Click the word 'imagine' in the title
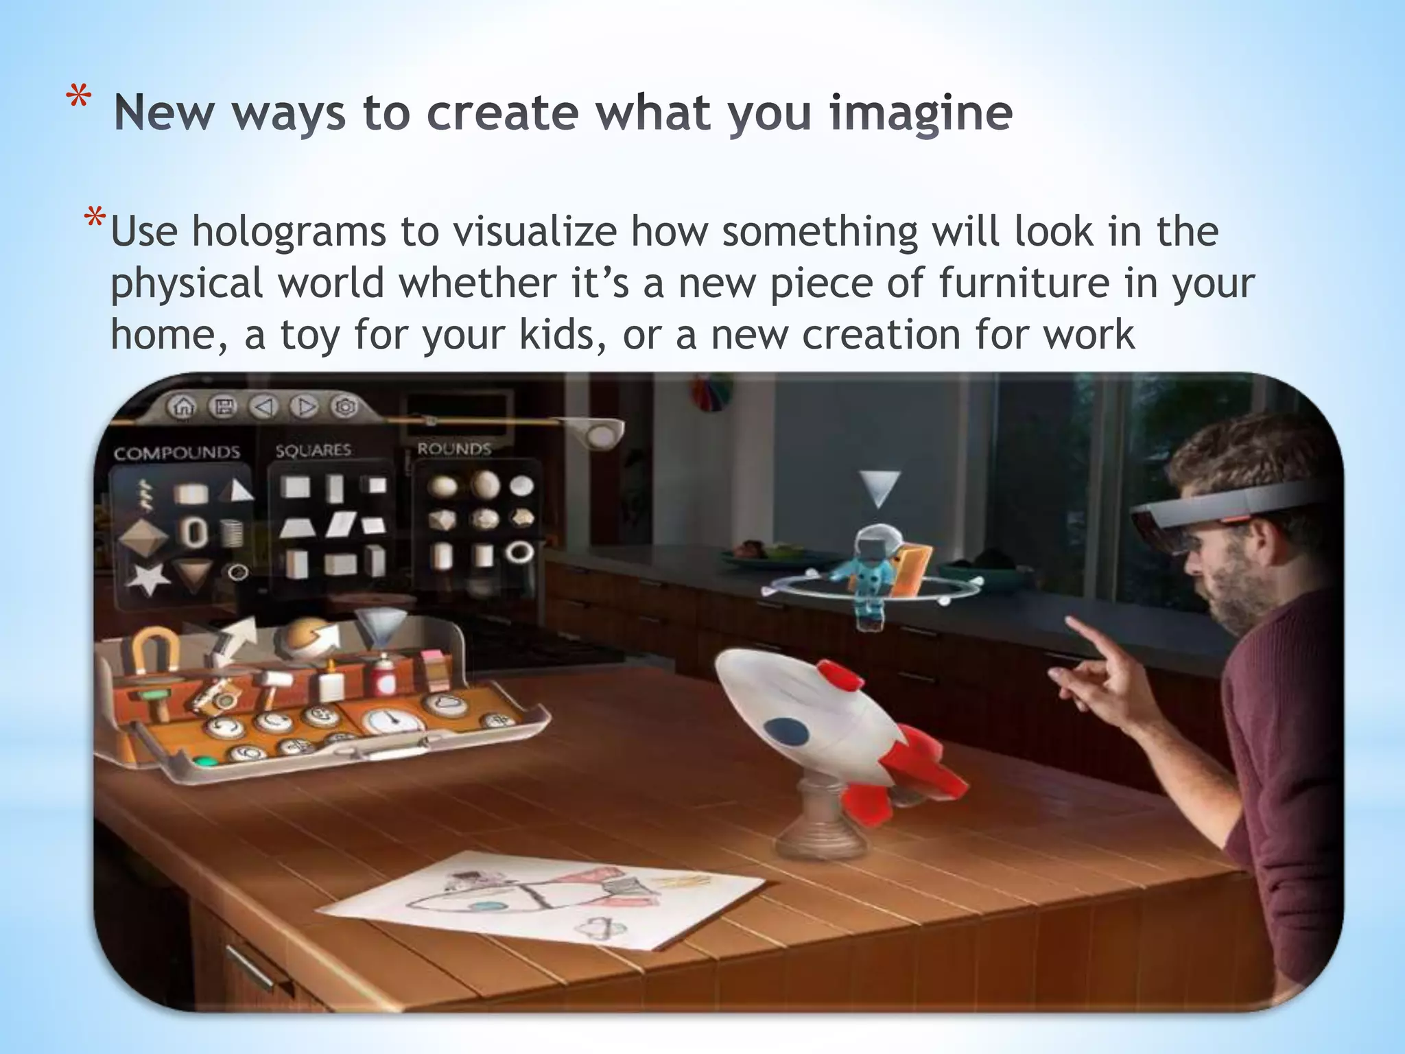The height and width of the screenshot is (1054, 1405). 921,113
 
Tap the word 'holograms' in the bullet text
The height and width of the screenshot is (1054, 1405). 288,231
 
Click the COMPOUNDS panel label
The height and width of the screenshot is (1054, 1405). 177,453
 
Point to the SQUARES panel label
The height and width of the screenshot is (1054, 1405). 313,450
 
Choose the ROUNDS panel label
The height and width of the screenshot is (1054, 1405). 454,449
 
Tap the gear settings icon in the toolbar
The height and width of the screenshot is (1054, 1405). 345,407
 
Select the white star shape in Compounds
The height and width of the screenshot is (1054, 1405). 147,578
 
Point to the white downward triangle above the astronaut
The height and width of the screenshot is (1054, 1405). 879,488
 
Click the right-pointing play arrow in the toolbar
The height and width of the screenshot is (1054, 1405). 304,407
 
